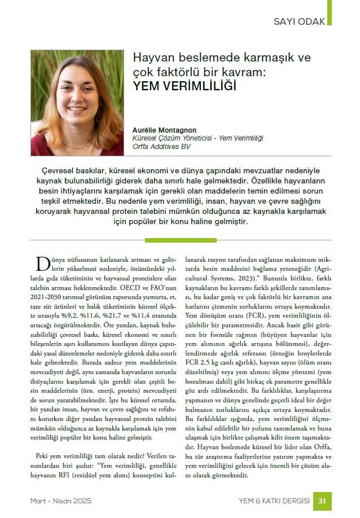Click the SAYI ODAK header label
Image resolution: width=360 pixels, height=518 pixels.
[x=299, y=21]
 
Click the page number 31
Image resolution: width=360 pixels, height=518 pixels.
[x=322, y=501]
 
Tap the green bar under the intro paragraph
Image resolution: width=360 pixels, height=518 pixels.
[x=180, y=240]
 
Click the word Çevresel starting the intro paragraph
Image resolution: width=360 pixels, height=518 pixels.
[x=60, y=171]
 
